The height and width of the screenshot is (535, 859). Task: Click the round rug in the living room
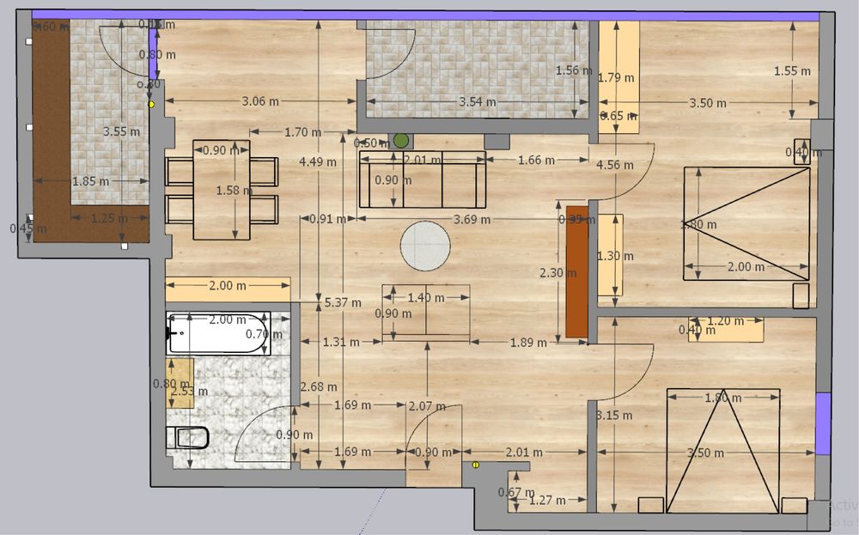425,246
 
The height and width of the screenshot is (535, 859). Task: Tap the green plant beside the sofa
401,140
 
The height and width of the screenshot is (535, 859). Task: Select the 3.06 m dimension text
260,101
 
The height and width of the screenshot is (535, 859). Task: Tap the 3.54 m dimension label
478,102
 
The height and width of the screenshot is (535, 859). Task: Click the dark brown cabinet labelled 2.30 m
576,271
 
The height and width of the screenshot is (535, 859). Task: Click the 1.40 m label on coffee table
426,297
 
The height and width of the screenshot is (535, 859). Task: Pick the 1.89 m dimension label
528,343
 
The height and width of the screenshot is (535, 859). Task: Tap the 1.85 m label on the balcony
91,181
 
